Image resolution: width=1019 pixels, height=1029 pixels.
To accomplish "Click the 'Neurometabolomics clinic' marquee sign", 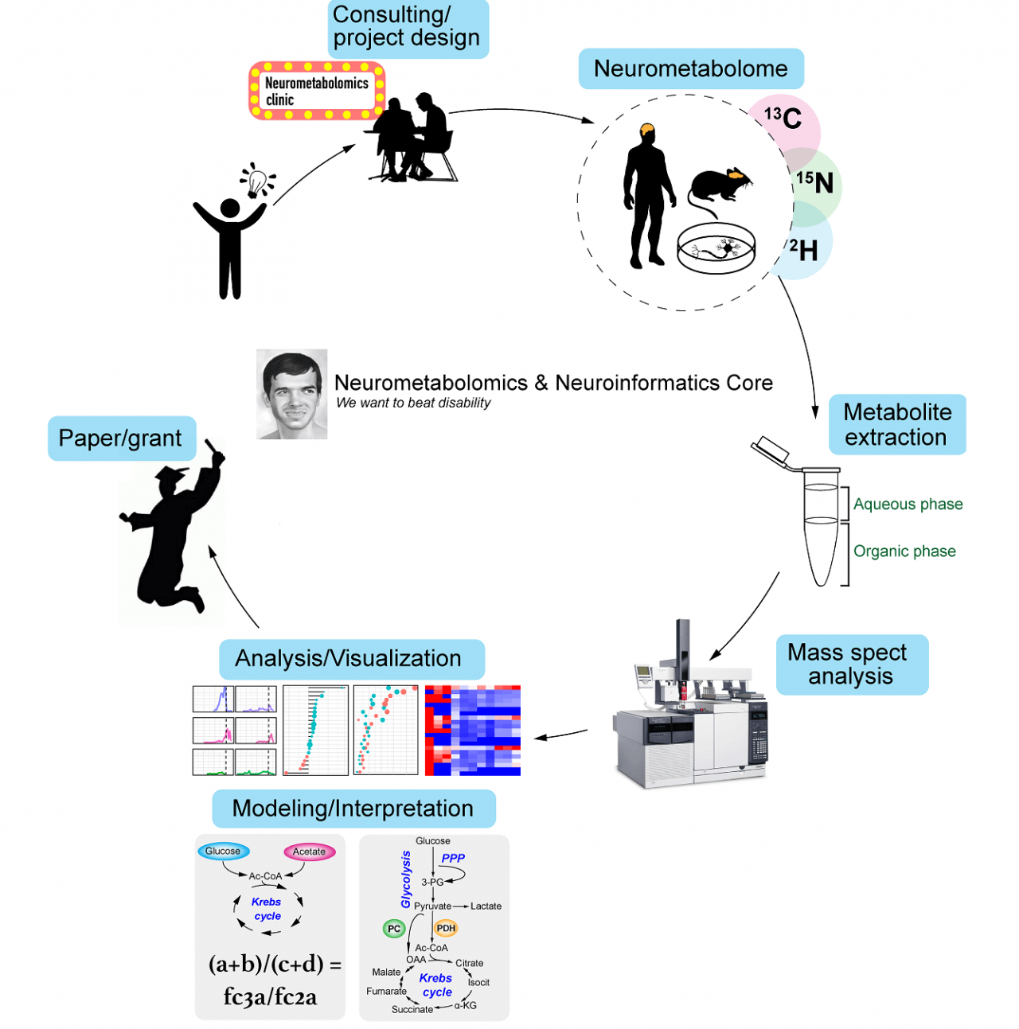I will [317, 91].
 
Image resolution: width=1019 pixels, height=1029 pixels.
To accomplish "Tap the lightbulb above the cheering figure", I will [256, 182].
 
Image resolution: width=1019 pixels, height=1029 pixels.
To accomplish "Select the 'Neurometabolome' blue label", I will [690, 69].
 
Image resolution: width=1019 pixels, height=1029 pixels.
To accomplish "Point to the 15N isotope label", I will [815, 183].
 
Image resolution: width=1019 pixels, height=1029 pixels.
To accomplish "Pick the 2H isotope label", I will [804, 251].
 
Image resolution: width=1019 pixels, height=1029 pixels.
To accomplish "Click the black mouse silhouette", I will [719, 189].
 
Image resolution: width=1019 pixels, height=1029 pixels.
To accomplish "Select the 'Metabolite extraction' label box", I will [896, 425].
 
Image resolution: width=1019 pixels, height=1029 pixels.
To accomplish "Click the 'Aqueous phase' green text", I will [908, 505].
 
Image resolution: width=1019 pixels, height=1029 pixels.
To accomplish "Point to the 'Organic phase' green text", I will [904, 552].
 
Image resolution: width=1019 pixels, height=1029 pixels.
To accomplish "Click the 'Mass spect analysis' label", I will [850, 665].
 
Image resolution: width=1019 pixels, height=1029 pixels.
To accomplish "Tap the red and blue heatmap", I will [472, 730].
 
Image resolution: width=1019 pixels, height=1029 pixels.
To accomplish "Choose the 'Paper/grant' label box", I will [121, 438].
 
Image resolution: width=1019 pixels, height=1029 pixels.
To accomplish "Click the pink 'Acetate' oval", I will [309, 852].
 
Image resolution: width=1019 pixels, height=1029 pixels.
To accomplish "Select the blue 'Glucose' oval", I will [223, 851].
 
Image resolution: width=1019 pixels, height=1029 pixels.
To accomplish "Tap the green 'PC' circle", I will [394, 929].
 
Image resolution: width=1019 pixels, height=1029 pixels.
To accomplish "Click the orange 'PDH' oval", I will [446, 928].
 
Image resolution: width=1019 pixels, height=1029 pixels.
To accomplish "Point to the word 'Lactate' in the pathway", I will [486, 906].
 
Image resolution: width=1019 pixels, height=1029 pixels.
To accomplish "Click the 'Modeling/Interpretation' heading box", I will [353, 809].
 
